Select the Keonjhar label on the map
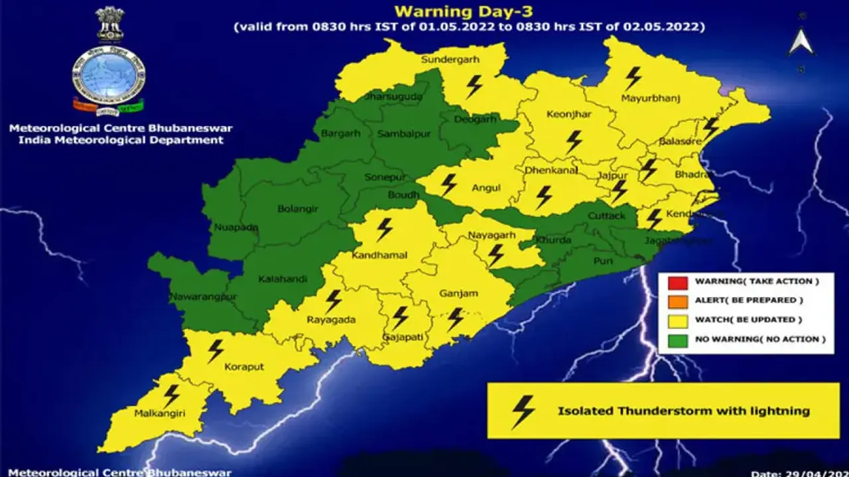click(568, 114)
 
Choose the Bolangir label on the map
click(297, 208)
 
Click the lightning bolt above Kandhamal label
click(384, 230)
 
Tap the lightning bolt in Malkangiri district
click(172, 395)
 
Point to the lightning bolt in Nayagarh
click(495, 255)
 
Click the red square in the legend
click(678, 282)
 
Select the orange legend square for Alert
click(678, 301)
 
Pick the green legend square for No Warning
click(678, 340)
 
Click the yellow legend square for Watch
click(678, 320)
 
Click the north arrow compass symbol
click(801, 42)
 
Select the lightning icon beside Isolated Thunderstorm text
click(523, 411)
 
